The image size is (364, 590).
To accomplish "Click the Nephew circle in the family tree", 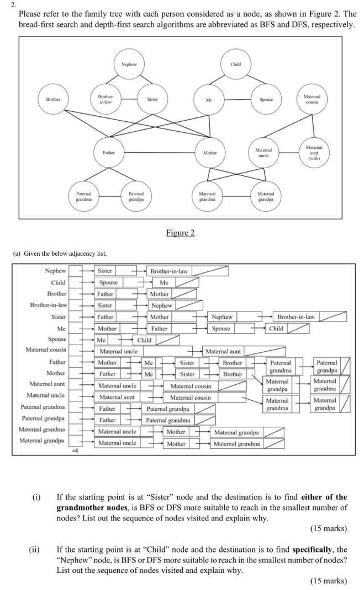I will [x=129, y=64].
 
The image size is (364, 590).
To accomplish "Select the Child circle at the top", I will [x=236, y=64].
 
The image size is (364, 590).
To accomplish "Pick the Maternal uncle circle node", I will [x=263, y=152].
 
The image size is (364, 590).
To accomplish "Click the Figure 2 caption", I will [x=180, y=233].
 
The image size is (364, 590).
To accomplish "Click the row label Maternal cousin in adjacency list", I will [x=46, y=350].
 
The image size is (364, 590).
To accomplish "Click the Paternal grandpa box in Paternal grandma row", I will [x=168, y=409].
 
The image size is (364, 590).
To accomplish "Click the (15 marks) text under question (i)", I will [x=329, y=528].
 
